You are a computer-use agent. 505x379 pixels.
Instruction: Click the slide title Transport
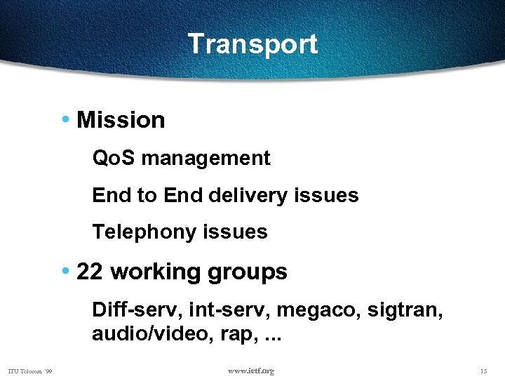tap(252, 44)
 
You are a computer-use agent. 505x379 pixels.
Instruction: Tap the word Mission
tap(121, 120)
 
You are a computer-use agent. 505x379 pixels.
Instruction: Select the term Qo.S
tap(114, 158)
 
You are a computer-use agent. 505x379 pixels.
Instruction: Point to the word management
tap(206, 159)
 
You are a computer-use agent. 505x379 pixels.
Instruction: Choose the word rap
tap(236, 335)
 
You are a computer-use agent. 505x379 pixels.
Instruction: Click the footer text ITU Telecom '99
tap(30, 371)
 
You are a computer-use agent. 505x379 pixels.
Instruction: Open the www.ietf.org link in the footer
tap(251, 371)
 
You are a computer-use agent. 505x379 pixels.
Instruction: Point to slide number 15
tap(483, 371)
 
